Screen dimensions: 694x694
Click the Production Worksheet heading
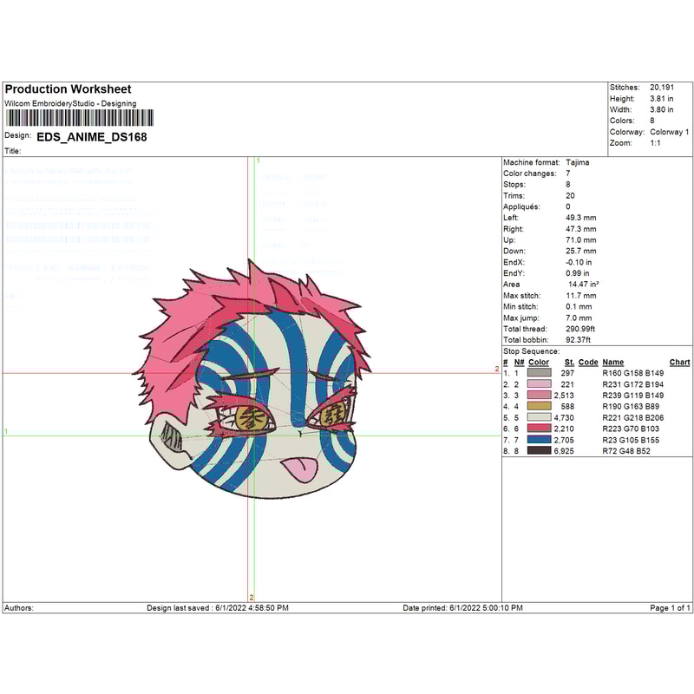coord(68,89)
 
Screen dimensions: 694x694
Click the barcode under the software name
coord(79,118)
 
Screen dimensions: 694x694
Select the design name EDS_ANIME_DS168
coord(91,136)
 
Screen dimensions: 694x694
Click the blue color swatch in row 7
coord(539,440)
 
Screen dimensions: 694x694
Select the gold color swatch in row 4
coord(539,406)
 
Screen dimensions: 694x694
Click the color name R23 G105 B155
coord(631,440)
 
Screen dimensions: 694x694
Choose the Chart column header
coord(679,362)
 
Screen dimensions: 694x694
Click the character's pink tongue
coord(298,469)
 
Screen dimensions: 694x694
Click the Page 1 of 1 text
coord(670,608)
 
